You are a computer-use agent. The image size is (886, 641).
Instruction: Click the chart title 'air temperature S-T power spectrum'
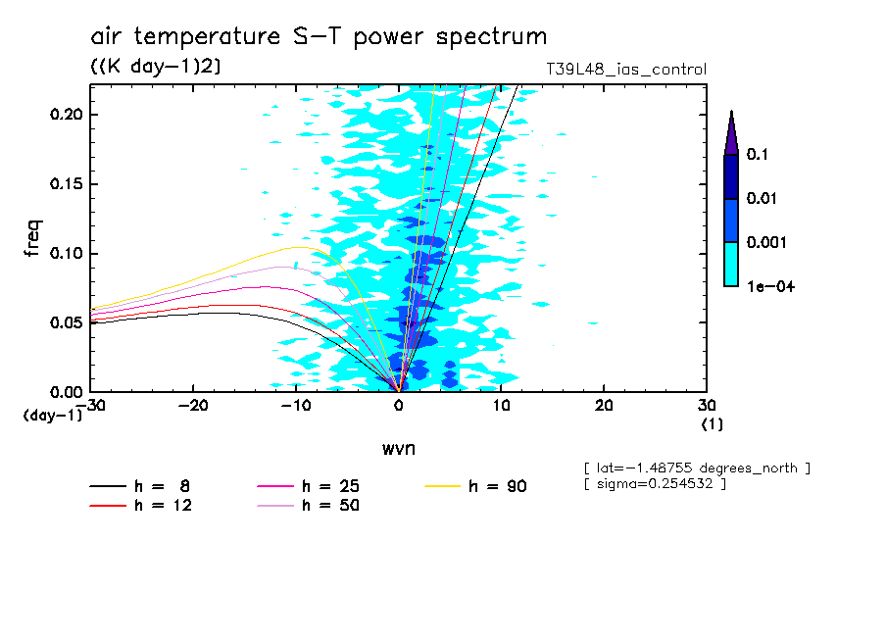[x=319, y=37]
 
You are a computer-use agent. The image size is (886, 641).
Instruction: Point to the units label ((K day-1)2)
[x=155, y=67]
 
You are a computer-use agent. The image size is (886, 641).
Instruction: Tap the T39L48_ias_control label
[x=625, y=70]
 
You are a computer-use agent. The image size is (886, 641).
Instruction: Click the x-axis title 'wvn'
[x=398, y=448]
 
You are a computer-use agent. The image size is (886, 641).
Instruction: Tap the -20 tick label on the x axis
[x=193, y=406]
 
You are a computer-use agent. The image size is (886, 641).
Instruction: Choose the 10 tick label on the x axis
[x=501, y=406]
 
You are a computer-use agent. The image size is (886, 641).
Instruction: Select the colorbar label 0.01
[x=761, y=199]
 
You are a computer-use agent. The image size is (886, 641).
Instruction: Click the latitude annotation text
[x=697, y=468]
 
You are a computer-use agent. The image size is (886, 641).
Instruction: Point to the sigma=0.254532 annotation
[x=655, y=485]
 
